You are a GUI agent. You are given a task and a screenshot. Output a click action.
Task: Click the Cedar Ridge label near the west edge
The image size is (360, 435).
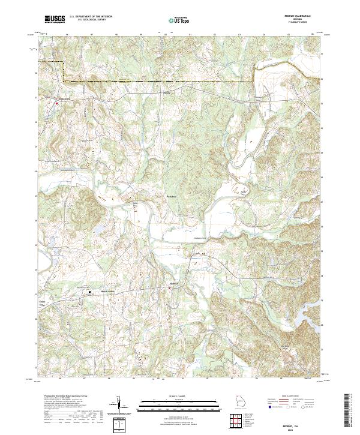click(x=43, y=304)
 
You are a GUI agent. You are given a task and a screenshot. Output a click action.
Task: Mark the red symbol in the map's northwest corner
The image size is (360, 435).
click(x=57, y=103)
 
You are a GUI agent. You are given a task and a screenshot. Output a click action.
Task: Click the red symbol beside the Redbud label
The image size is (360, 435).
click(x=169, y=289)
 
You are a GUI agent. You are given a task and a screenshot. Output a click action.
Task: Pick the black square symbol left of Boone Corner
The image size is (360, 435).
click(x=90, y=292)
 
